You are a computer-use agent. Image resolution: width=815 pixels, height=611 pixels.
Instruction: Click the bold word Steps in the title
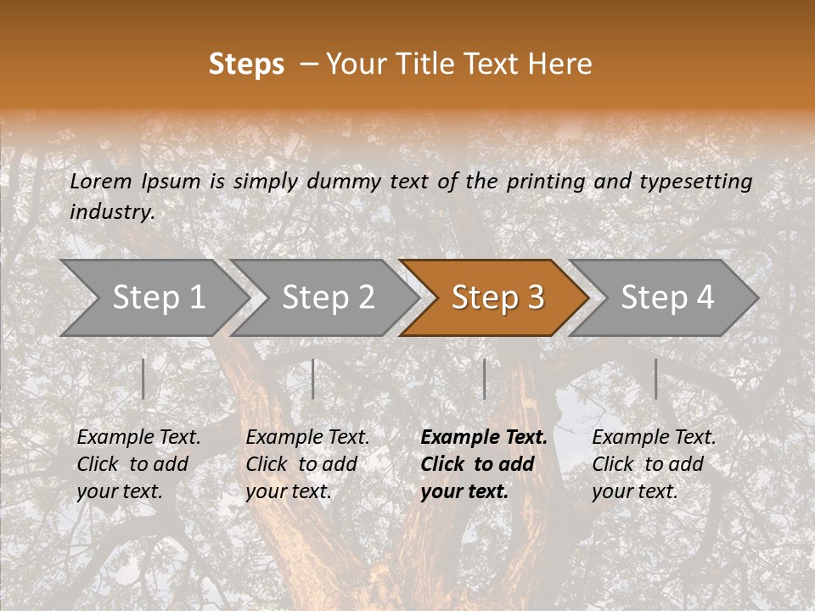246,64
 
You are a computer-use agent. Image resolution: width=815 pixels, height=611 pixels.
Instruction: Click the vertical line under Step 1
143,378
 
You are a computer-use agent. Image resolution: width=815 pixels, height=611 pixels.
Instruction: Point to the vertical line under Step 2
313,378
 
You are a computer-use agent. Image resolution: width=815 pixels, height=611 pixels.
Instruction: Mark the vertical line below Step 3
484,378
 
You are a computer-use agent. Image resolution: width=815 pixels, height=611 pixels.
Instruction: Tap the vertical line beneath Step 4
655,378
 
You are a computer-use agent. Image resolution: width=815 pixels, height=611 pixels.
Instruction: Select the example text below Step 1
138,464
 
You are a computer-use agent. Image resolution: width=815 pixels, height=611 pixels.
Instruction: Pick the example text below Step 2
307,464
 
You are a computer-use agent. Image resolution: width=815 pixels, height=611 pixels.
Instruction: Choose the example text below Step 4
654,464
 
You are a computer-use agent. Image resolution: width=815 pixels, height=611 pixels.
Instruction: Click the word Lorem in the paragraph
101,181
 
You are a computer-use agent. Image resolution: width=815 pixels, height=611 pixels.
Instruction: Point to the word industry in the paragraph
112,212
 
